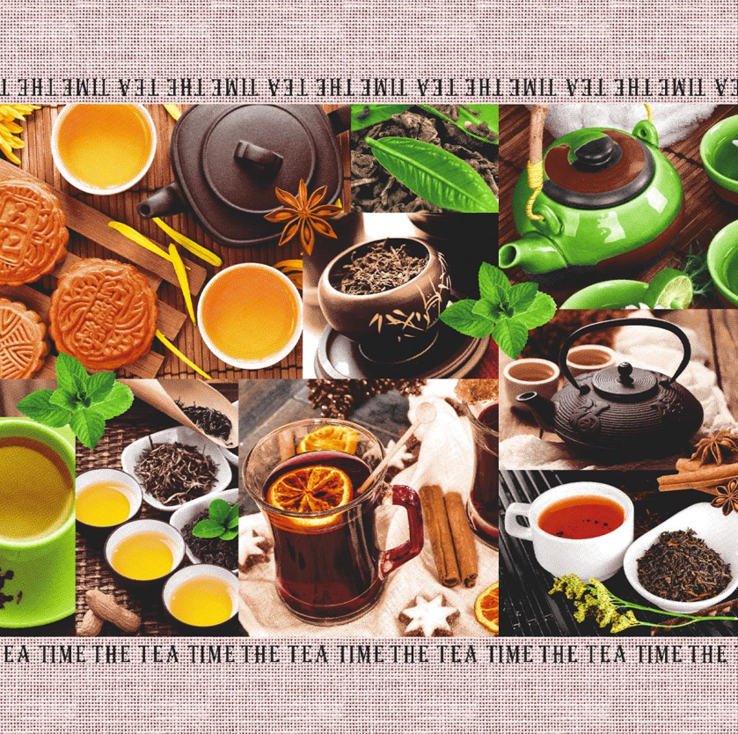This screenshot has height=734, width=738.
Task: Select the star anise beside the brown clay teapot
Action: click(303, 215)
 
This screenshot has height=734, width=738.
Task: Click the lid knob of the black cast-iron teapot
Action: click(625, 373)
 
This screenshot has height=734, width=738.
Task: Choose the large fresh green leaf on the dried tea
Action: click(431, 172)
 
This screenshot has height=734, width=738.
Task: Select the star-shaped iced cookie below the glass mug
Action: click(429, 613)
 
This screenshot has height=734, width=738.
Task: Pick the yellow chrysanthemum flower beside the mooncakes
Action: click(14, 128)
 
